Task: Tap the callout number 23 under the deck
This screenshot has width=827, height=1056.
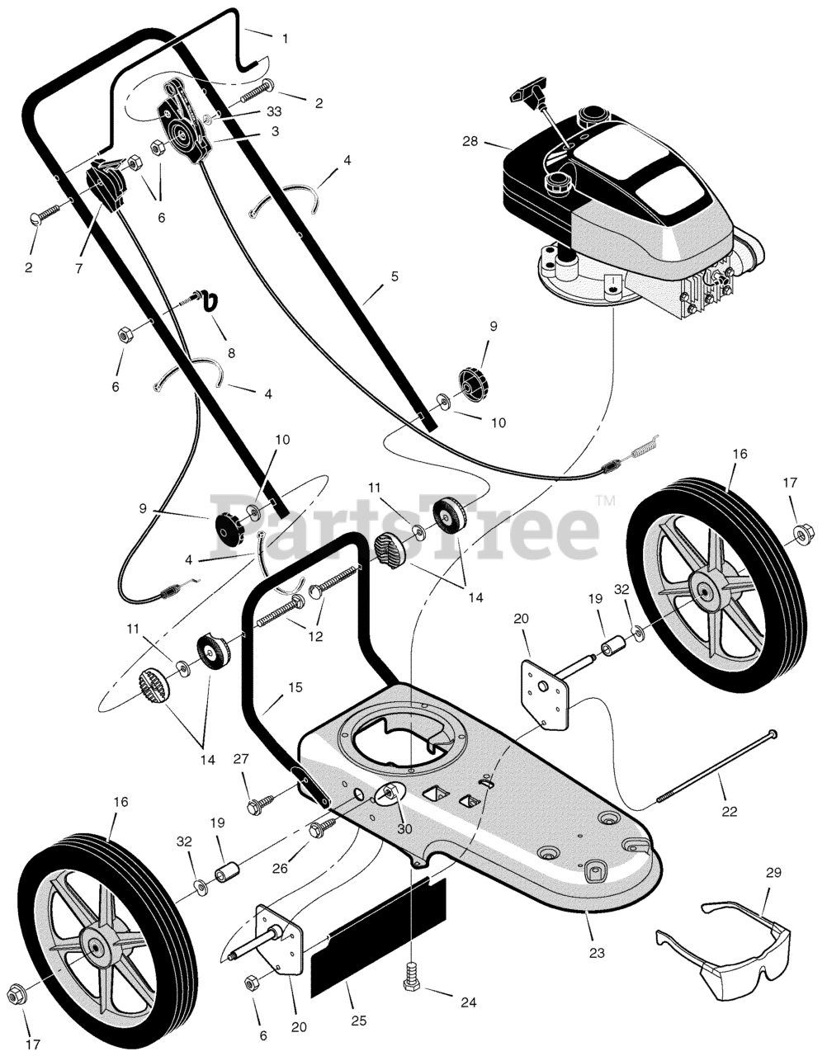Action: (597, 953)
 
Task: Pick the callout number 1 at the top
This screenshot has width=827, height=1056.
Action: (285, 39)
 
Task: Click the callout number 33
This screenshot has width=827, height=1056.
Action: (251, 111)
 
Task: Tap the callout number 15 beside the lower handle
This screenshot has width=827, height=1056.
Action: (295, 686)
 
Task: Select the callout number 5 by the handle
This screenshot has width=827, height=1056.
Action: (395, 277)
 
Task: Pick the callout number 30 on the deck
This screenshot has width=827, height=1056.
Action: (404, 829)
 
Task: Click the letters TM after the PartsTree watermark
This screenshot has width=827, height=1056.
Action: (605, 500)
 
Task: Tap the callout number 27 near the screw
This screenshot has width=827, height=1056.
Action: (240, 758)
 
